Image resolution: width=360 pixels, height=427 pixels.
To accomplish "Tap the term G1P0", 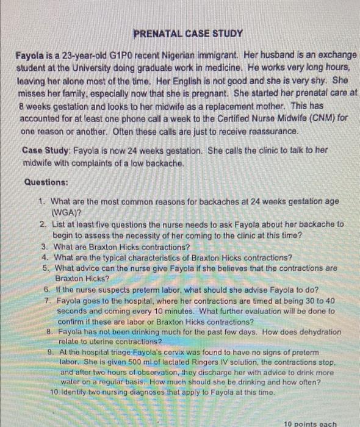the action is click(108, 56).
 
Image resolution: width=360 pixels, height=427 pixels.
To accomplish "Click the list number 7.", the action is click(47, 301).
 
